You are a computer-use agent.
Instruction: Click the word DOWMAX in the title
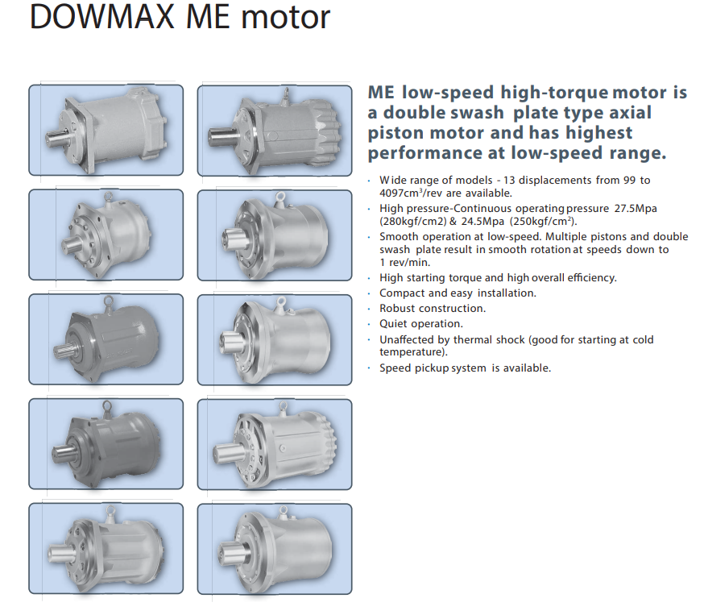pyautogui.click(x=102, y=17)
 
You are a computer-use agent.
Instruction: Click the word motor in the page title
pyautogui.click(x=286, y=18)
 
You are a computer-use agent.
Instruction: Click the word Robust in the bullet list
pyautogui.click(x=397, y=309)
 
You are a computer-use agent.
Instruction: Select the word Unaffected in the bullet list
pyautogui.click(x=408, y=339)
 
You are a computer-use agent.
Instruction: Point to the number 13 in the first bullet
pyautogui.click(x=509, y=180)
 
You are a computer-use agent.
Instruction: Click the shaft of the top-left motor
pyautogui.click(x=58, y=138)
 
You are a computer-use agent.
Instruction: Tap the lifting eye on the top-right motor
pyautogui.click(x=286, y=94)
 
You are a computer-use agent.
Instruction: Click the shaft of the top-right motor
pyautogui.click(x=223, y=136)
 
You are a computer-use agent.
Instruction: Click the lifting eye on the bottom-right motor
pyautogui.click(x=283, y=511)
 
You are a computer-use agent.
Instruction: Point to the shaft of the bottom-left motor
pyautogui.click(x=62, y=553)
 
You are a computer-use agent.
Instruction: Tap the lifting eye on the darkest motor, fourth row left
pyautogui.click(x=107, y=407)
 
